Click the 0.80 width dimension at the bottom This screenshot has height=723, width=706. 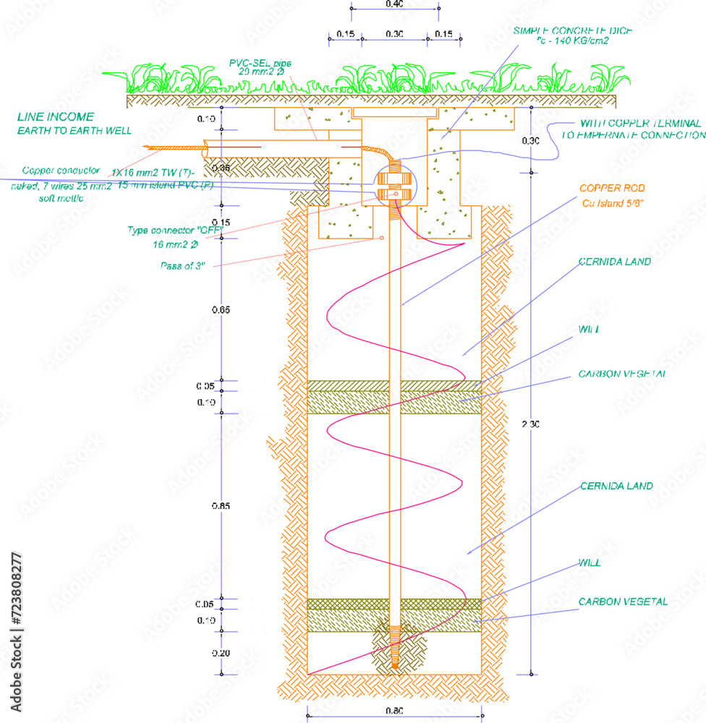coord(394,711)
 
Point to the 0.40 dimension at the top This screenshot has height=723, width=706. coord(394,4)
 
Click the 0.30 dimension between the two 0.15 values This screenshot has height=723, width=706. coord(394,34)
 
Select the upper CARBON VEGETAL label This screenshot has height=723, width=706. coord(622,375)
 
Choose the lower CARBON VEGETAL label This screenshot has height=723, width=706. coord(623,602)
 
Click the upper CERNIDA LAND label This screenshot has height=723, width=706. coord(615,262)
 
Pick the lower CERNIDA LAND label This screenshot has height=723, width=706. coord(616,486)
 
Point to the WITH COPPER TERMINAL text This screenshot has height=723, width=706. coord(641,124)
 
